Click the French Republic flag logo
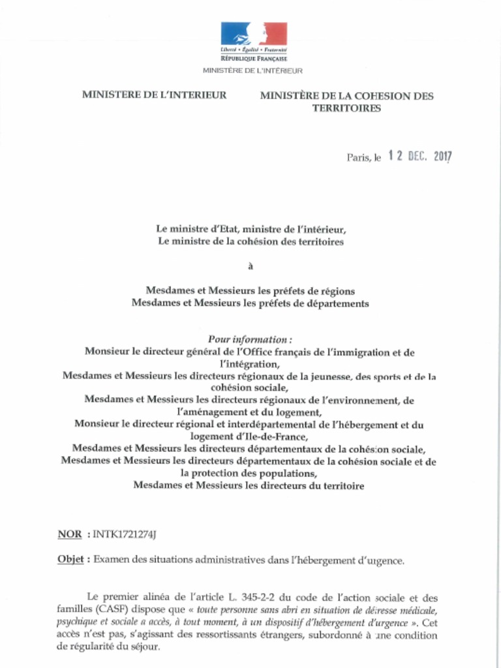pos(254,34)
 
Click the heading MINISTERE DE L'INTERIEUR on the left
pos(154,95)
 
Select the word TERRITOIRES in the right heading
pos(346,108)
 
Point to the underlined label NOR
pos(70,535)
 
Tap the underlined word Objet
pos(71,560)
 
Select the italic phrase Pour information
pos(249,339)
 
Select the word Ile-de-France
pos(267,437)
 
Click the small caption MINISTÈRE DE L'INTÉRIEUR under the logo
pos(252,70)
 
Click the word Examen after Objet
pos(115,560)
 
